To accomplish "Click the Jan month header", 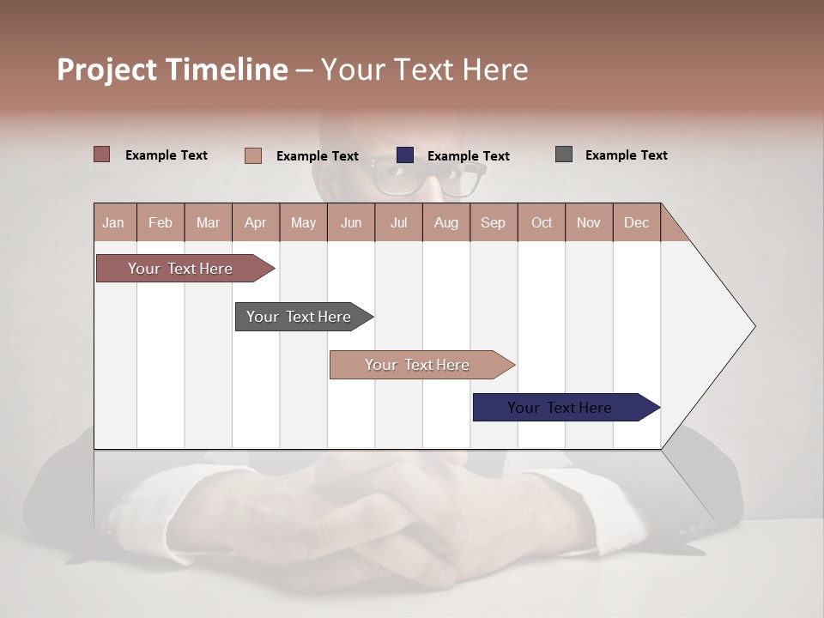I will coord(114,222).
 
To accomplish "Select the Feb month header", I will coord(161,222).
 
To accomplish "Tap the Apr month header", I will coord(256,222).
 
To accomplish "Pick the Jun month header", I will coord(351,222).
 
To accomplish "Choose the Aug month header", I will coord(446,222).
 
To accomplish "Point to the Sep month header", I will coord(494,222).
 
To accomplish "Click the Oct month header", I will coord(542,222).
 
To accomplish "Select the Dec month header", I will coord(637,222).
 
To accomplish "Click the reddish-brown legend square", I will coord(102,154).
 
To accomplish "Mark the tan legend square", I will coord(253,155).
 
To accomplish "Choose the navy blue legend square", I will coord(405,155).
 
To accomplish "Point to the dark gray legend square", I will coord(564,154).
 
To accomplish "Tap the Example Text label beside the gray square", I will coord(626,155).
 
